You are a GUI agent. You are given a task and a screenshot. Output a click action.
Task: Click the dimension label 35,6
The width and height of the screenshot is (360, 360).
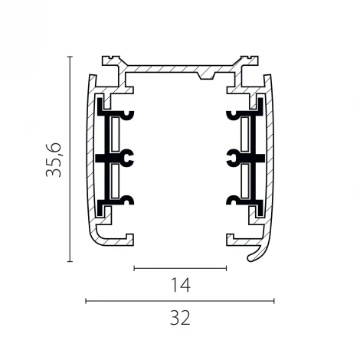coord(54,160)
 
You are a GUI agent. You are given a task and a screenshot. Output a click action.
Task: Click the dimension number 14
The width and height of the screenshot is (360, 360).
coord(181,285)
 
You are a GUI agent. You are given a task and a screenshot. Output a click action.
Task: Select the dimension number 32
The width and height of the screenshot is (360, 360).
coord(180,318)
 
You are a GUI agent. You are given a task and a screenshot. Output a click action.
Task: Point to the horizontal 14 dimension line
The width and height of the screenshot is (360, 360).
coord(180,268)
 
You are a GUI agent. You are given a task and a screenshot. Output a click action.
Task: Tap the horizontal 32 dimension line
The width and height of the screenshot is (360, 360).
coord(180,301)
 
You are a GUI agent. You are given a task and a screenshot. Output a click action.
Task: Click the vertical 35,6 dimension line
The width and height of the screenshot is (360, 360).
coord(70,159)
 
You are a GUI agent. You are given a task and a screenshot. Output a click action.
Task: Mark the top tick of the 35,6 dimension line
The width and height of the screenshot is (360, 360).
coord(70,57)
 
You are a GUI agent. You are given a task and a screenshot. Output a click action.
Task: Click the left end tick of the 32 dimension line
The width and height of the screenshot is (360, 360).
coord(86,301)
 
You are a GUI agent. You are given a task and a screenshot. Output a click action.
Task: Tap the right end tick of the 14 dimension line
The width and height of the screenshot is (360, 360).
coord(226,268)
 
